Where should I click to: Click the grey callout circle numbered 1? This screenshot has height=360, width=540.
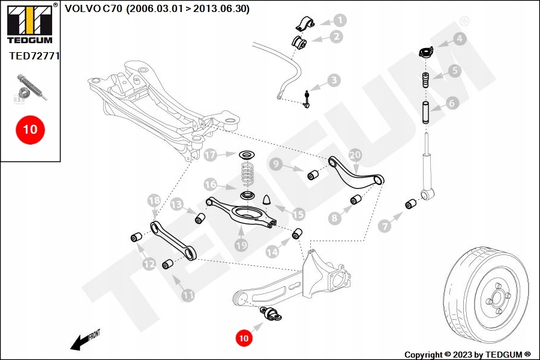[340, 20]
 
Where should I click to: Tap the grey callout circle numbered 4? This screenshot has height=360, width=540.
[459, 40]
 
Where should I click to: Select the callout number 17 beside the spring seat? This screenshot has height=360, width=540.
[209, 155]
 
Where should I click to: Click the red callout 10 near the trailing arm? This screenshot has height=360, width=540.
[243, 338]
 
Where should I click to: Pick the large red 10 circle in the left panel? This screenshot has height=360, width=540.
[30, 129]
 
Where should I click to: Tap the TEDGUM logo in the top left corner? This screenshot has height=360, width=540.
[29, 25]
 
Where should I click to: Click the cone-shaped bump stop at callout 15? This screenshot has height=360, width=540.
[268, 199]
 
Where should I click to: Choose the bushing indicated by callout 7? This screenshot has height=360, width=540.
[410, 204]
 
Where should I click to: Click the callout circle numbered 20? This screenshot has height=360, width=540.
[355, 155]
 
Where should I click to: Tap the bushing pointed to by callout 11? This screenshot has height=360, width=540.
[169, 263]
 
